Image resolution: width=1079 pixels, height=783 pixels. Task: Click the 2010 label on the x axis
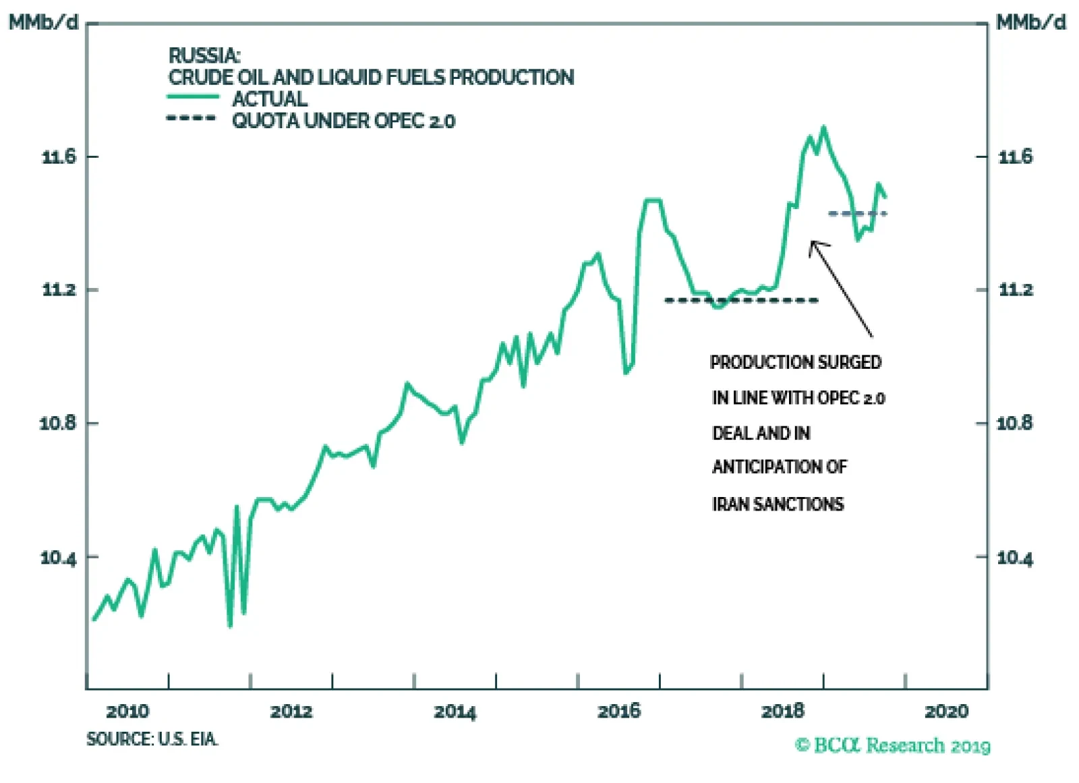[x=127, y=711]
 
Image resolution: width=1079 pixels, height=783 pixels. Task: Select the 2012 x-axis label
[x=291, y=711]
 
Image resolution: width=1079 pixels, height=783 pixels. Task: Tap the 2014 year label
[x=455, y=711]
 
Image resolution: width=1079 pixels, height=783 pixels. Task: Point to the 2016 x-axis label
[x=619, y=711]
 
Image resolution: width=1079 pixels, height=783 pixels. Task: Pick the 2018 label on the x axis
[x=783, y=711]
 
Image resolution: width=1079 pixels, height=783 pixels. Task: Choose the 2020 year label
[x=947, y=711]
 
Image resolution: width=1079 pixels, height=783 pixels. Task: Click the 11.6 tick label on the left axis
[x=60, y=157]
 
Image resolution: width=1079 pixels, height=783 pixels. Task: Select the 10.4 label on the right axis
[x=1015, y=558]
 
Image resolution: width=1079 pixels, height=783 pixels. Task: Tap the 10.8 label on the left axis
[x=59, y=424]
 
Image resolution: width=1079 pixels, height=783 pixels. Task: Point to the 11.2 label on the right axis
[x=1016, y=290]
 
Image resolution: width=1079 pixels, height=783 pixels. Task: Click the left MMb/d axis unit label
[x=43, y=23]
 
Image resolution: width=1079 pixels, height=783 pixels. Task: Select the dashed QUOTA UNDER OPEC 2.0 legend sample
[x=192, y=119]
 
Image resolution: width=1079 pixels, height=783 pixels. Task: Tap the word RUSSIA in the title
[x=204, y=55]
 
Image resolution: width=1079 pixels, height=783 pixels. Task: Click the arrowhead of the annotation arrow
[x=813, y=243]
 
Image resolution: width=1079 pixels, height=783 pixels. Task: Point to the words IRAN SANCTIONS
[x=778, y=504]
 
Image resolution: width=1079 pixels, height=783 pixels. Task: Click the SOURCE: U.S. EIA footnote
[x=152, y=739]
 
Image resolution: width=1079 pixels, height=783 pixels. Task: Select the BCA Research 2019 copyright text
[x=893, y=745]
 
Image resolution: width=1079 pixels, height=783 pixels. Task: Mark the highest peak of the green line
[x=823, y=127]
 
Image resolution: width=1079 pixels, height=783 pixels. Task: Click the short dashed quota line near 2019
[x=858, y=214]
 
